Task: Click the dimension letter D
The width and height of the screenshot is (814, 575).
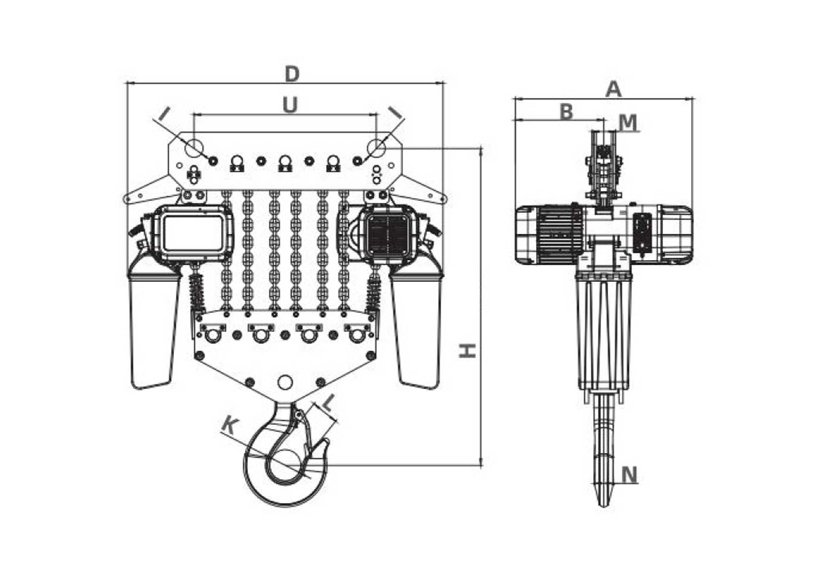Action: (x=291, y=74)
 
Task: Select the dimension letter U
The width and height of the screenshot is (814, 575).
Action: (x=290, y=105)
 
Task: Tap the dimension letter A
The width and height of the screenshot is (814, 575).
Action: (x=614, y=89)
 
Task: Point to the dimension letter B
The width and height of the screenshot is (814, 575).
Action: (x=566, y=112)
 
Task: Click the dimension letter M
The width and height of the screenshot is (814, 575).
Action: (x=628, y=122)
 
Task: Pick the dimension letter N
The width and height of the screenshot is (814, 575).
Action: (x=629, y=475)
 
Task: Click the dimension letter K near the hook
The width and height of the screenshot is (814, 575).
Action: (x=231, y=425)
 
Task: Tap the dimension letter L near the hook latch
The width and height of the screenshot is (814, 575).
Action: (x=328, y=403)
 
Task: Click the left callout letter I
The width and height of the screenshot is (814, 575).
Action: (x=164, y=113)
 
